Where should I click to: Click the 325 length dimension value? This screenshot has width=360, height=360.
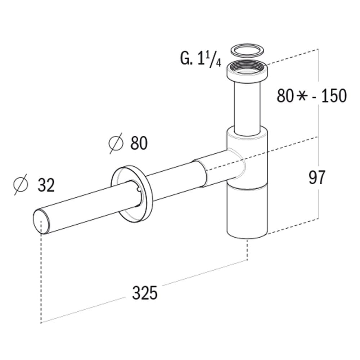coord(145,293)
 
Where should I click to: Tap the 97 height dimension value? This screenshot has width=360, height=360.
coord(317,177)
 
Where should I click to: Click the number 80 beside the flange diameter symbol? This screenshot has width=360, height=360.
coord(139,144)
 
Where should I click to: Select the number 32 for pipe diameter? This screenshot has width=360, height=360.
coord(46,185)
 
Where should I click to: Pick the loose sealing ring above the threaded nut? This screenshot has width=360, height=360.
coord(247,50)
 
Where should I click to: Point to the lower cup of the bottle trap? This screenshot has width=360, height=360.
coord(248,212)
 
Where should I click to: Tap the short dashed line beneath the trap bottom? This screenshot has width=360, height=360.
coord(247,250)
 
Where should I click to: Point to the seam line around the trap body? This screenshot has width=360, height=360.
coord(248,186)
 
